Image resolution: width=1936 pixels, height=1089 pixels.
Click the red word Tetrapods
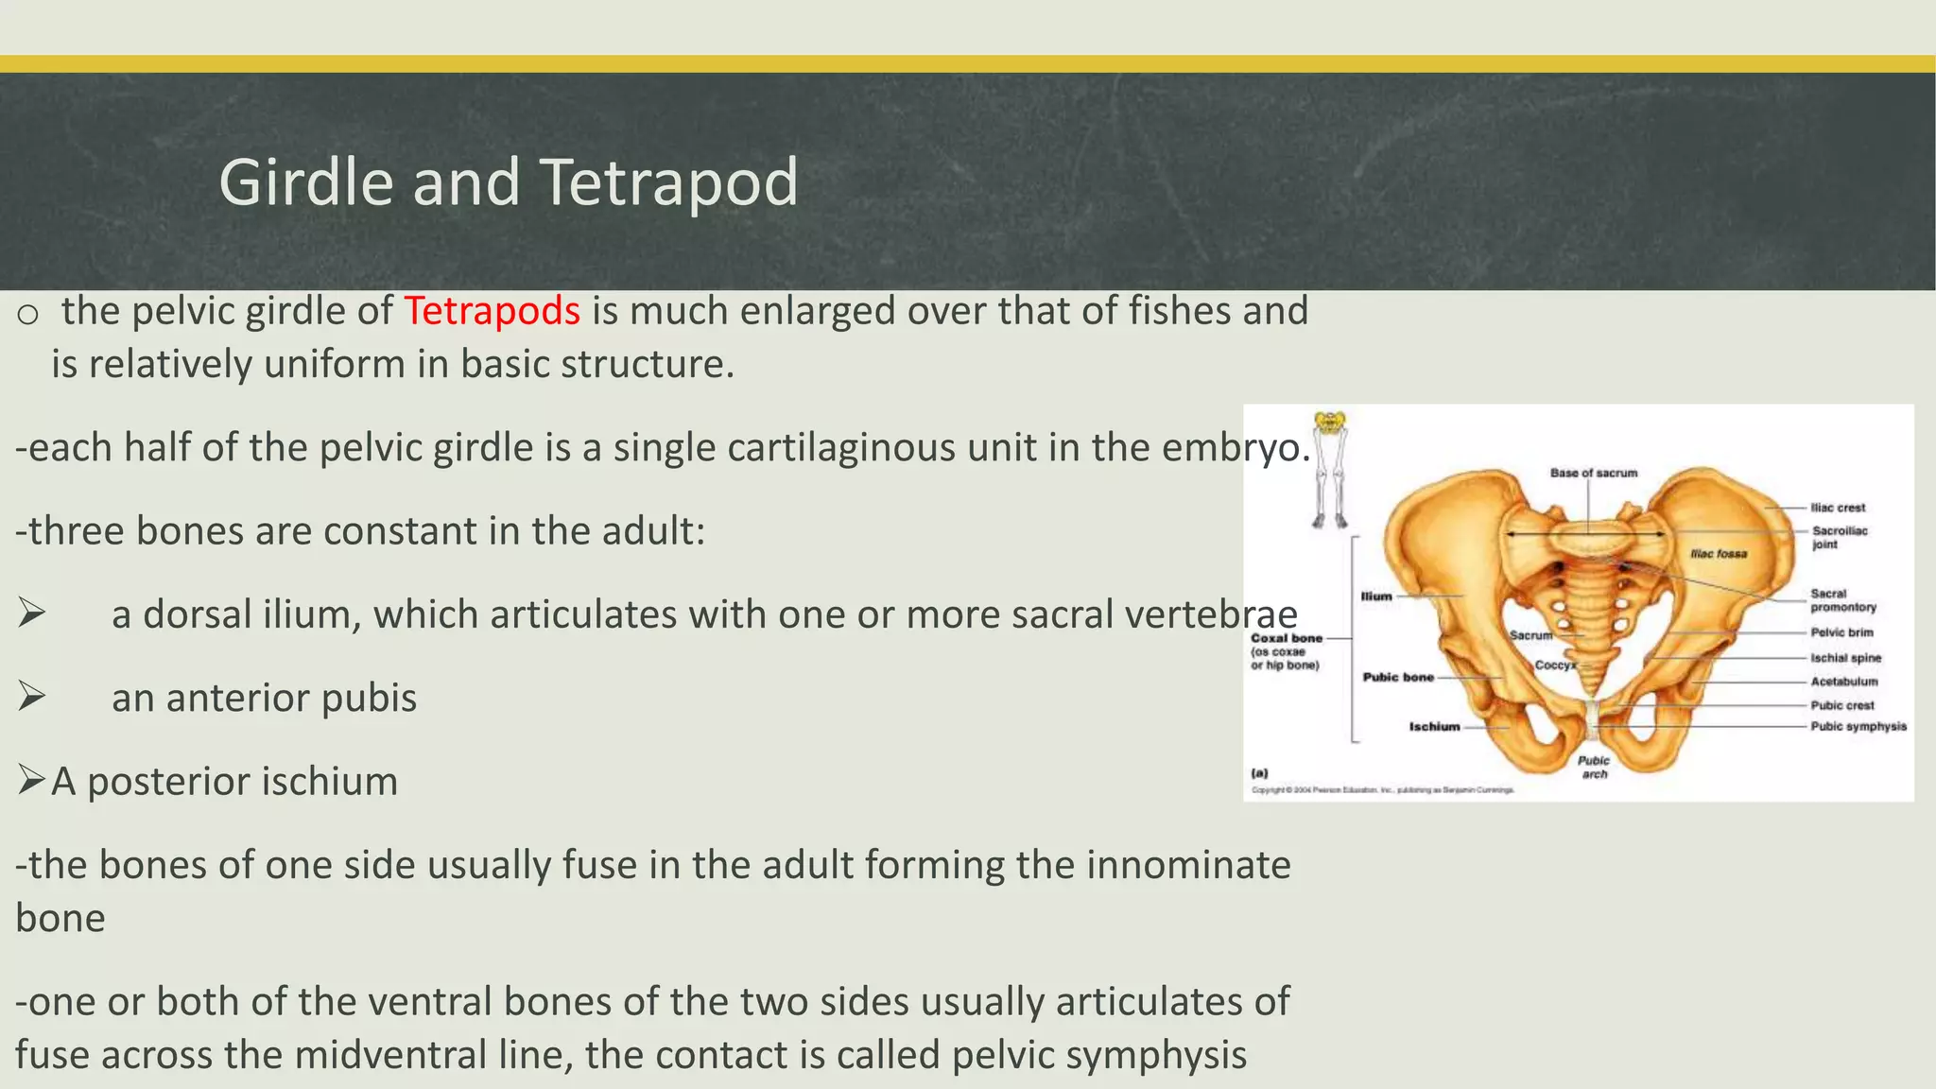492,311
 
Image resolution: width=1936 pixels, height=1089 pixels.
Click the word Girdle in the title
305,181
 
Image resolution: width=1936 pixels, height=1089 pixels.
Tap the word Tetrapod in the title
669,181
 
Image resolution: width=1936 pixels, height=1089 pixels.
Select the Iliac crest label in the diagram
1838,508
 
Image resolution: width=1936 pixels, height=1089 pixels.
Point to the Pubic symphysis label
1858,726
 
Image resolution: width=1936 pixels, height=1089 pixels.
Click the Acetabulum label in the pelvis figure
1843,681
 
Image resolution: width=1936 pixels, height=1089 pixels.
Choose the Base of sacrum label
1594,473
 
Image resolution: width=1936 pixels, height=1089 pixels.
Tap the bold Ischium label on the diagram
1434,726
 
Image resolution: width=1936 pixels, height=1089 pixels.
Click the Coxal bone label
1286,638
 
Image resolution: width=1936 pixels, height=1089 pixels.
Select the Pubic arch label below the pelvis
1594,767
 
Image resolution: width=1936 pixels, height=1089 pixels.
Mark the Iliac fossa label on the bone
1719,554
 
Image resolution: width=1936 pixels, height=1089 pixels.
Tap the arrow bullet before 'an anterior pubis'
32,698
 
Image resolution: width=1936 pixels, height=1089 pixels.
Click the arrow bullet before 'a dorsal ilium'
32,614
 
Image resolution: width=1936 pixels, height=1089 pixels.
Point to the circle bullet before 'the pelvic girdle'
27,314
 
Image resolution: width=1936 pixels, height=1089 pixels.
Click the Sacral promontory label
1842,600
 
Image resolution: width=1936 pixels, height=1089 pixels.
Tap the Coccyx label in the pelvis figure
1554,665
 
